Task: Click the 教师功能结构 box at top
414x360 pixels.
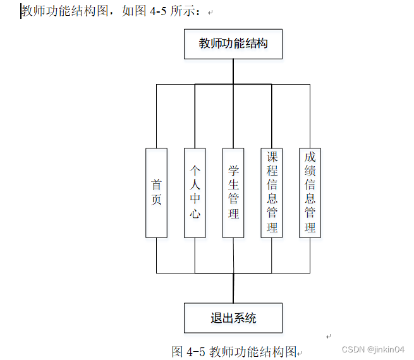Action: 233,44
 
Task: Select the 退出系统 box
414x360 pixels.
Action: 233,318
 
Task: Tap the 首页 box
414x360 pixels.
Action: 157,193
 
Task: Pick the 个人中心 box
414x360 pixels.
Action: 195,193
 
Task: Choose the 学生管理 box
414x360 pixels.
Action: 233,193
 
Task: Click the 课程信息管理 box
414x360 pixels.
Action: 272,193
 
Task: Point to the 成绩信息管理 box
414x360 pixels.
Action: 310,193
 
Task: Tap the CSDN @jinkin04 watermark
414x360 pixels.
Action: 372,349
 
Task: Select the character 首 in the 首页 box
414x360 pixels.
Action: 157,184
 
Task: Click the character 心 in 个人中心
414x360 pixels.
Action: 195,213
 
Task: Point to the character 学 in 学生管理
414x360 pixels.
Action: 233,171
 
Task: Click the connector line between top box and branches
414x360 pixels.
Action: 233,71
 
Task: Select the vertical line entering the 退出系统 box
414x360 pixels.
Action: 233,289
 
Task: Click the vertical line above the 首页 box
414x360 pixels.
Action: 157,117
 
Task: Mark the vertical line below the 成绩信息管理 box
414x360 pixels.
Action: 310,255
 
